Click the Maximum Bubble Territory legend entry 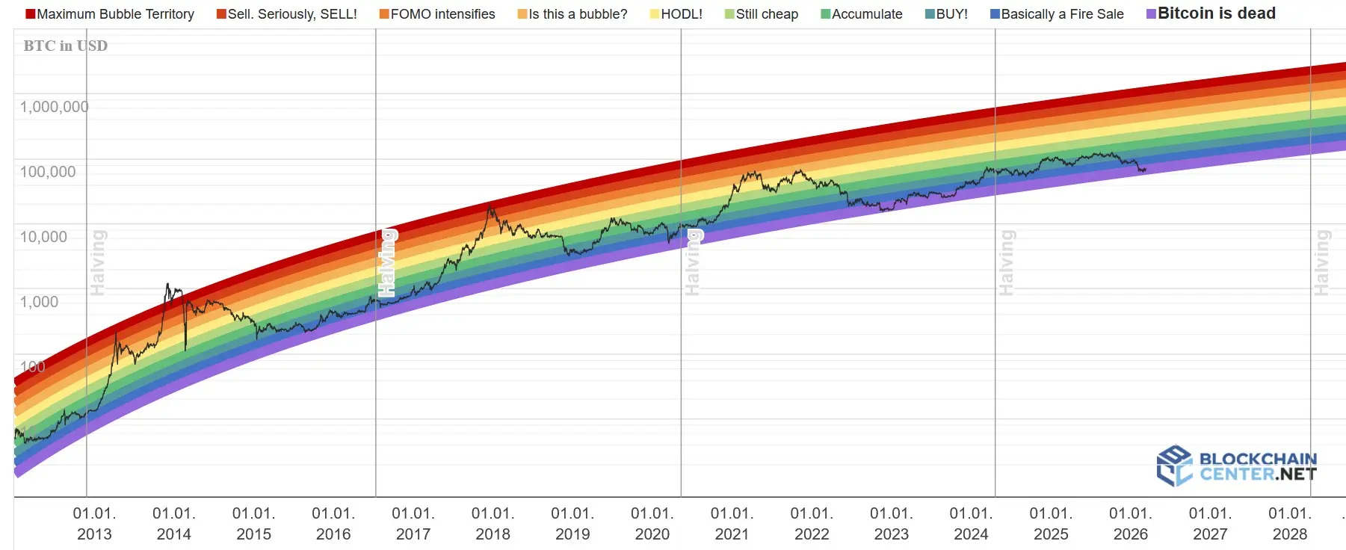[x=110, y=14]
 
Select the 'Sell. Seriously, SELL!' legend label [x=287, y=14]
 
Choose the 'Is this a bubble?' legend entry [x=572, y=14]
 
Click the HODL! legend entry [x=676, y=14]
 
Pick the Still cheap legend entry [x=762, y=14]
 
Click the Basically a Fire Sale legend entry [x=1057, y=14]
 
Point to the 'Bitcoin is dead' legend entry [x=1211, y=13]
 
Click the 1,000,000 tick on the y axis [x=54, y=107]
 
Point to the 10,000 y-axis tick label [x=43, y=237]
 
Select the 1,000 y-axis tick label [x=39, y=302]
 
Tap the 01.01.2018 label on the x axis [x=493, y=524]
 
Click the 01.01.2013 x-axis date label [x=94, y=524]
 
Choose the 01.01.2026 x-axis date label [x=1130, y=524]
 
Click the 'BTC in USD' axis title [x=66, y=46]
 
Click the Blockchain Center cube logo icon [x=1174, y=466]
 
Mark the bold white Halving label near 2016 [x=386, y=263]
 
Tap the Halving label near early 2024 [x=1007, y=263]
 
